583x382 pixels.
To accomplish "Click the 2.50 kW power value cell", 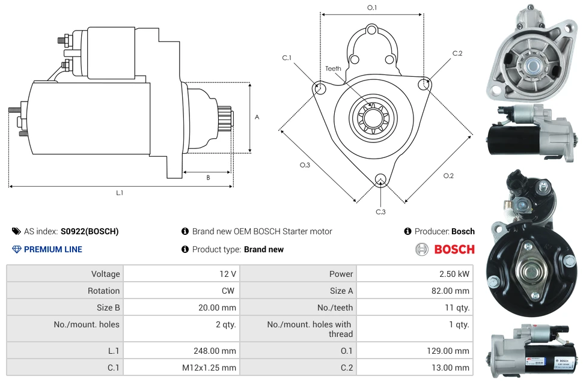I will (456, 274).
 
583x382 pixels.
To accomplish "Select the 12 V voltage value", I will (227, 274).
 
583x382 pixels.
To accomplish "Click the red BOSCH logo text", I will (454, 249).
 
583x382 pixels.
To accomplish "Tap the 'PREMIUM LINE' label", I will (53, 249).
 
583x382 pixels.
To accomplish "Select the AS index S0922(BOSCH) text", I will (89, 231).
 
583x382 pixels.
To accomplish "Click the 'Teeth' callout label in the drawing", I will (333, 68).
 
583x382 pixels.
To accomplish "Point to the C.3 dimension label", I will (380, 211).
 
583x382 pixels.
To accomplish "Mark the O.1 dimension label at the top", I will (372, 8).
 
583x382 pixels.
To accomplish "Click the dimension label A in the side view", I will (257, 117).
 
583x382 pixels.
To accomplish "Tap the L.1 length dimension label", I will (120, 193).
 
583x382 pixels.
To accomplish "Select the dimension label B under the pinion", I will (208, 177).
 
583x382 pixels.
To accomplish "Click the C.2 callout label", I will (457, 53).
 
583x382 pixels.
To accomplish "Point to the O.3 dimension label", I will (305, 165).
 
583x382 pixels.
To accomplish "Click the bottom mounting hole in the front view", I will (380, 178).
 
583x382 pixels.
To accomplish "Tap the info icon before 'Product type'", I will (185, 249).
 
